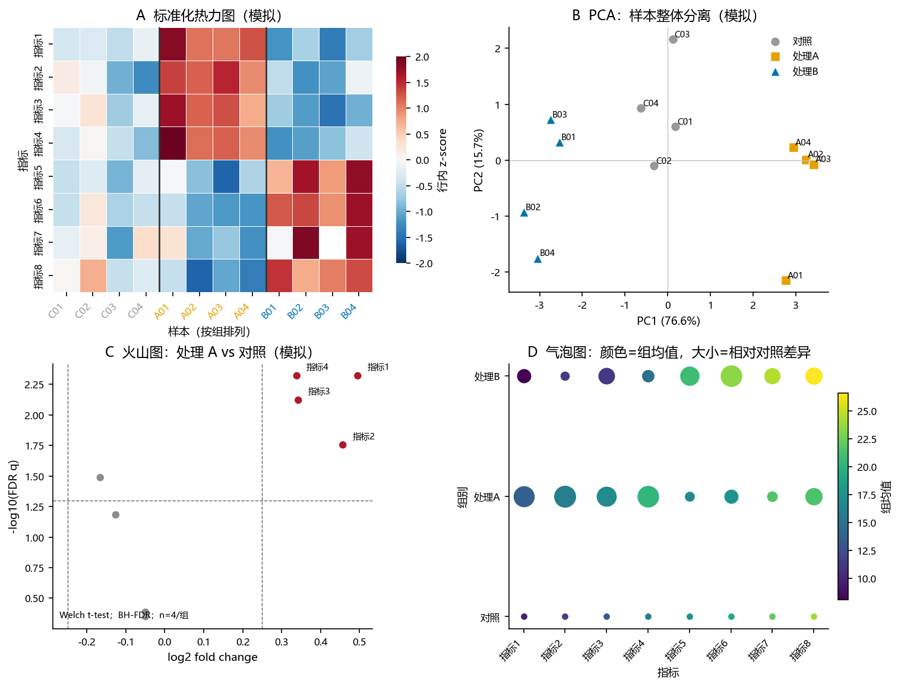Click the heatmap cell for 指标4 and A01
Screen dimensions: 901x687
[173, 143]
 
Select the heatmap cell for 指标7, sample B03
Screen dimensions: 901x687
[332, 242]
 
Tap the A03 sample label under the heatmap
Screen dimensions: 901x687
[215, 312]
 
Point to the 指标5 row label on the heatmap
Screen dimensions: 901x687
[38, 177]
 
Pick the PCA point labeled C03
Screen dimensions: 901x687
[673, 39]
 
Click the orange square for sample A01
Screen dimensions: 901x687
[786, 280]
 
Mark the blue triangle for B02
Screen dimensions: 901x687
[524, 213]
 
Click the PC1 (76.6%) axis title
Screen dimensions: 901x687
[668, 321]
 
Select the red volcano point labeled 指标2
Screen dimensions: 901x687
[343, 445]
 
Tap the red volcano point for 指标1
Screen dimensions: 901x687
[358, 375]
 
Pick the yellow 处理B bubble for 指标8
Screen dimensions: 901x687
[814, 376]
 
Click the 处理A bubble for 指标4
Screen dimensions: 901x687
[648, 496]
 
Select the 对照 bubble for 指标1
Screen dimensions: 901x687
[524, 616]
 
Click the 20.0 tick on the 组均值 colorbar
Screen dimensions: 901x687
[867, 467]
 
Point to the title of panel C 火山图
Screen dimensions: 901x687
[209, 352]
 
